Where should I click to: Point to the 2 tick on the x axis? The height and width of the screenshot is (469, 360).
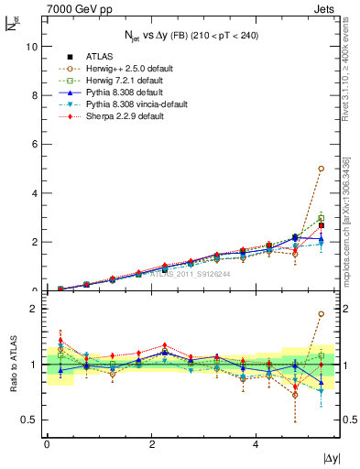(x=151, y=443)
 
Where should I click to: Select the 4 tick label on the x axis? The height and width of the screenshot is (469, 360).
(x=256, y=443)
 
